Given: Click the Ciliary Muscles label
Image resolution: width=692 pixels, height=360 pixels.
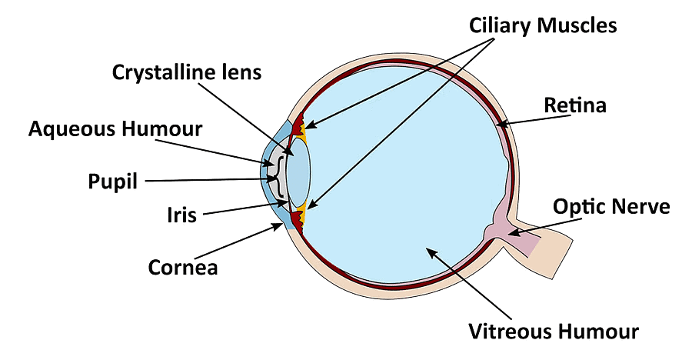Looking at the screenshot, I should click(x=543, y=25).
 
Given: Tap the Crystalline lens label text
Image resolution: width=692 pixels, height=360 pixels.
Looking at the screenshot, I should click(x=187, y=72).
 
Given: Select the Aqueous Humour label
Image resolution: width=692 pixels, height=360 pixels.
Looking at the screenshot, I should click(x=115, y=128).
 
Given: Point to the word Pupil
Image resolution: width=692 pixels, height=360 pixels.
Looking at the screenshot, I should click(x=112, y=182).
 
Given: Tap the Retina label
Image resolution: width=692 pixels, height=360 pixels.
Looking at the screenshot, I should click(x=574, y=105).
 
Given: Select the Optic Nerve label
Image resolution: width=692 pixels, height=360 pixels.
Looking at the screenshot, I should click(x=611, y=206).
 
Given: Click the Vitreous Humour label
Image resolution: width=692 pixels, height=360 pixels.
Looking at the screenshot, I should click(x=554, y=332).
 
